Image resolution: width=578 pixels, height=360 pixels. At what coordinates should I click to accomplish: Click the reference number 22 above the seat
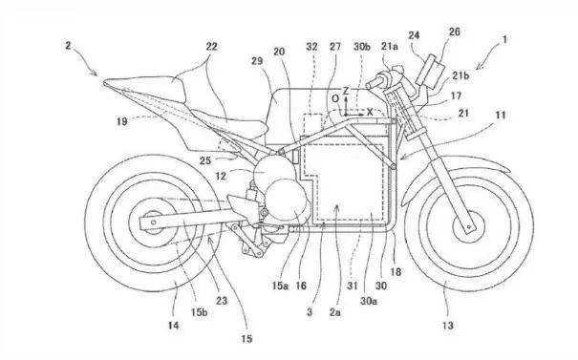point(211,47)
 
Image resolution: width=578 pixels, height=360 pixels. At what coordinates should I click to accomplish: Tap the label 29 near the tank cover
point(257,61)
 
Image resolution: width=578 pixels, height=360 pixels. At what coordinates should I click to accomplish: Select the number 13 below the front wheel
point(447,326)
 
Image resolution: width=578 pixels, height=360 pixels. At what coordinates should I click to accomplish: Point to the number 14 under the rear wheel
point(173,326)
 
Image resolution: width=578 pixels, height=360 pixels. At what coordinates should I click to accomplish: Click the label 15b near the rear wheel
point(199,312)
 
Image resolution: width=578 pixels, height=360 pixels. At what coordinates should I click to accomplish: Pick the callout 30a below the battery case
point(369,301)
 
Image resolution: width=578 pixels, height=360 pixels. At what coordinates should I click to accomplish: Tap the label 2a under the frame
point(335,312)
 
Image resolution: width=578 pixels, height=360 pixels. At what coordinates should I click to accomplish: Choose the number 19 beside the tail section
point(122,121)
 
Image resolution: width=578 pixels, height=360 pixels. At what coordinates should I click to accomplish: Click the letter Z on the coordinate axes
point(346,91)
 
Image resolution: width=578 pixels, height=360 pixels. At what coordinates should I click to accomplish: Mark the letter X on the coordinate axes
point(370,112)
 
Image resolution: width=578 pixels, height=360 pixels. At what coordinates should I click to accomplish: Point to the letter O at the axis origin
point(335,98)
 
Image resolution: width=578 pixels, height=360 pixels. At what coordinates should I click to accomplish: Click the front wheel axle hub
point(469,226)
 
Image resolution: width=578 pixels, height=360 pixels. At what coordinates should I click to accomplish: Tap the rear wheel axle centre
point(154,222)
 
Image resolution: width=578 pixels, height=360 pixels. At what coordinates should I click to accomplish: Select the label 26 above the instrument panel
point(454,32)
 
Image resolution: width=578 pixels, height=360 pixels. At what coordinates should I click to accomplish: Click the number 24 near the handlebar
point(414,35)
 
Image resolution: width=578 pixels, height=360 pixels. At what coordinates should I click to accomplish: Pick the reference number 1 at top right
point(504,39)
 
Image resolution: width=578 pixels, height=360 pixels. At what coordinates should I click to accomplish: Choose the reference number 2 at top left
point(68,45)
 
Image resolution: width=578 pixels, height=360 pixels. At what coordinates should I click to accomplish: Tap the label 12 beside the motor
point(221,176)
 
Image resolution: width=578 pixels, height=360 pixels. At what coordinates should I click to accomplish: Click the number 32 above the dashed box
point(311,47)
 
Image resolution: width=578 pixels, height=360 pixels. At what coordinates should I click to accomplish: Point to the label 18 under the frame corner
point(396,272)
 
